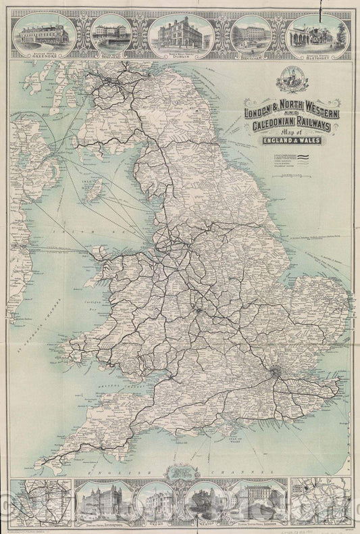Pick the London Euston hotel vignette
point(258,500)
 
